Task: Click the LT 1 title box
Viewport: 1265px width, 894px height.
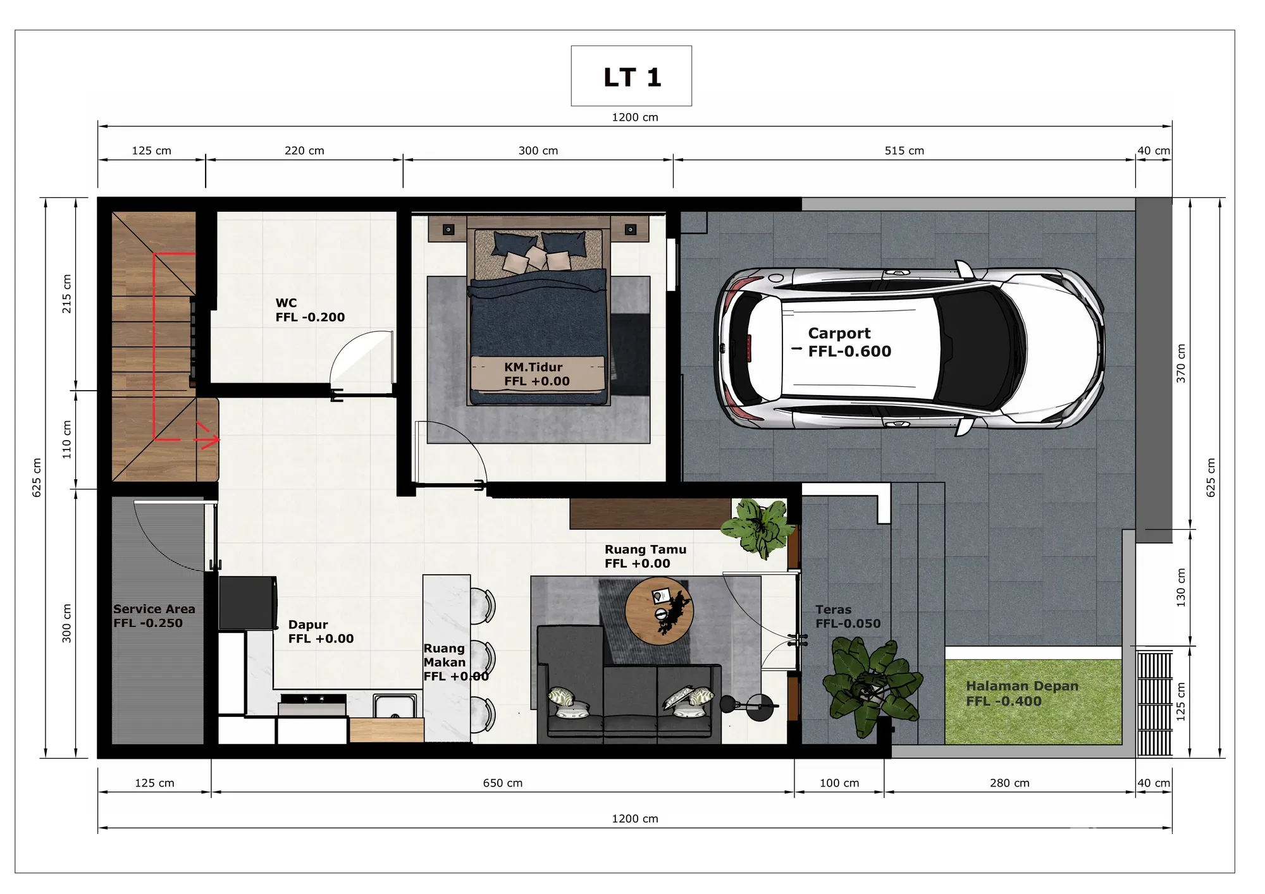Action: point(631,76)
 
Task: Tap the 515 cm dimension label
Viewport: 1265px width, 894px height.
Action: point(904,150)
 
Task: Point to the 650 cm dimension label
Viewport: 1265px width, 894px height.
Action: point(503,783)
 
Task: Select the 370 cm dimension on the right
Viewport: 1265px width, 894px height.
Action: point(1181,363)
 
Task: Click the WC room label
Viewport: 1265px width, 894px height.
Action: point(286,303)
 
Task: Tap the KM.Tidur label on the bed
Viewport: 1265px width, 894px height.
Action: point(533,367)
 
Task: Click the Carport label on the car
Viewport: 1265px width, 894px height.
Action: point(839,333)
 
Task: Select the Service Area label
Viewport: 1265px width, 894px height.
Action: point(154,609)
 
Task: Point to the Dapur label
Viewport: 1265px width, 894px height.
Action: point(308,625)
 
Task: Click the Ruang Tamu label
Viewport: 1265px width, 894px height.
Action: point(645,549)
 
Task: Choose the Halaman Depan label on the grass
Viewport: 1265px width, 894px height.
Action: point(1022,686)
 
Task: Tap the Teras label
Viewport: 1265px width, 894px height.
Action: point(833,609)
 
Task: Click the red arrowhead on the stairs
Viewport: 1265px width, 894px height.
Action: point(211,439)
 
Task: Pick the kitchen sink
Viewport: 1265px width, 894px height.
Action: point(395,706)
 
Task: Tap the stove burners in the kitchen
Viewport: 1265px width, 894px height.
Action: point(313,699)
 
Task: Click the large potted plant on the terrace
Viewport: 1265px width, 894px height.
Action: point(872,687)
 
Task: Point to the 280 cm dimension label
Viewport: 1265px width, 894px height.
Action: point(1009,783)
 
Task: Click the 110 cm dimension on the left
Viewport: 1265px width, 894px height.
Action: point(66,439)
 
